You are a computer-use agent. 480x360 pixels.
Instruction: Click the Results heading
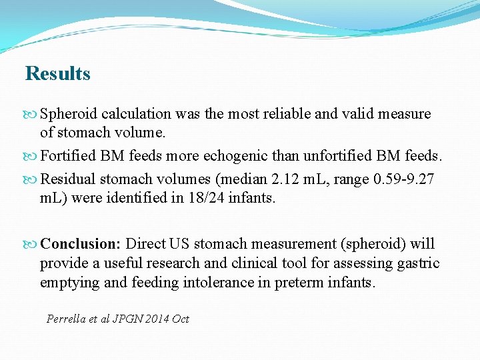point(57,73)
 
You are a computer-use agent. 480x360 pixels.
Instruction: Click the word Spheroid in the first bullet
point(67,114)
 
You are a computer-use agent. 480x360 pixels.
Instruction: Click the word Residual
point(66,178)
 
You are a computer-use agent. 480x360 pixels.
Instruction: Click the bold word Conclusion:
point(81,243)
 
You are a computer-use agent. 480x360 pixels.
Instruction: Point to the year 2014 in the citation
point(156,319)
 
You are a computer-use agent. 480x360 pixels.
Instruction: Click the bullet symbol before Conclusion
point(31,244)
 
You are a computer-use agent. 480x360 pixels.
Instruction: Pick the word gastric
point(419,263)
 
